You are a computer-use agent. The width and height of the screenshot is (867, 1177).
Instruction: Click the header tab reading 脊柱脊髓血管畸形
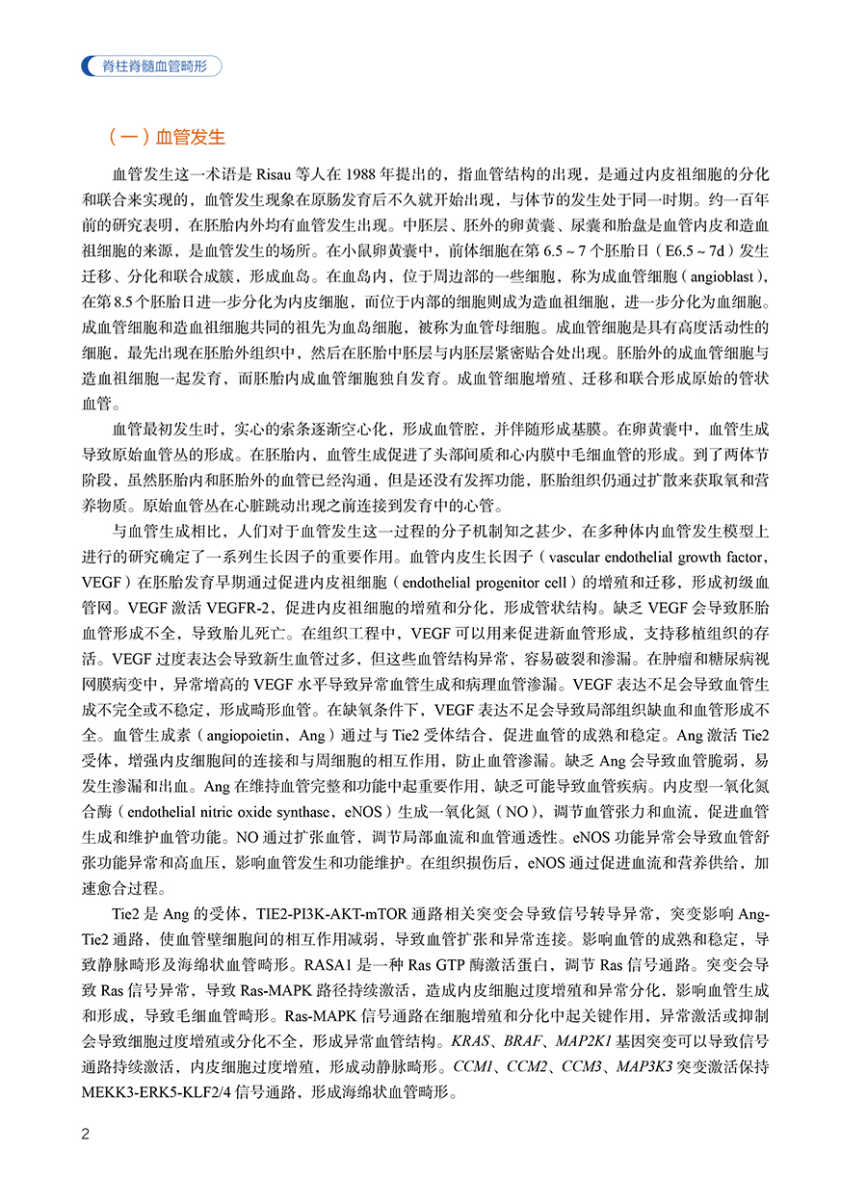(154, 65)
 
